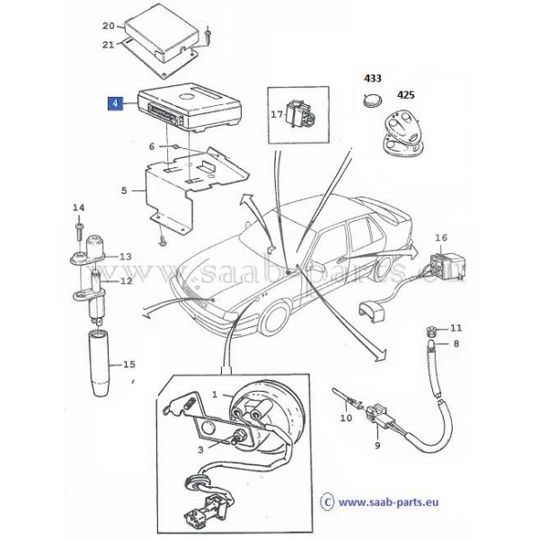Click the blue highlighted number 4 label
click(x=115, y=103)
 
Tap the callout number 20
click(x=109, y=26)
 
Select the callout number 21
click(x=109, y=45)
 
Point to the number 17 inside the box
click(x=277, y=114)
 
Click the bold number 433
click(x=373, y=78)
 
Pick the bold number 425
click(x=406, y=94)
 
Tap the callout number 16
click(x=442, y=237)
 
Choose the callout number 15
click(x=129, y=365)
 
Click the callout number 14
click(x=78, y=208)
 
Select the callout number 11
click(x=456, y=328)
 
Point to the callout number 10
click(x=347, y=418)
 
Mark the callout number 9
click(x=377, y=446)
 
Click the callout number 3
click(x=200, y=450)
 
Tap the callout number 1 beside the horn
click(x=215, y=394)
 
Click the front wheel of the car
click(x=274, y=319)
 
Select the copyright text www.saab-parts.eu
click(x=388, y=502)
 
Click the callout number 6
click(x=152, y=146)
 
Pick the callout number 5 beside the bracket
click(x=124, y=190)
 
